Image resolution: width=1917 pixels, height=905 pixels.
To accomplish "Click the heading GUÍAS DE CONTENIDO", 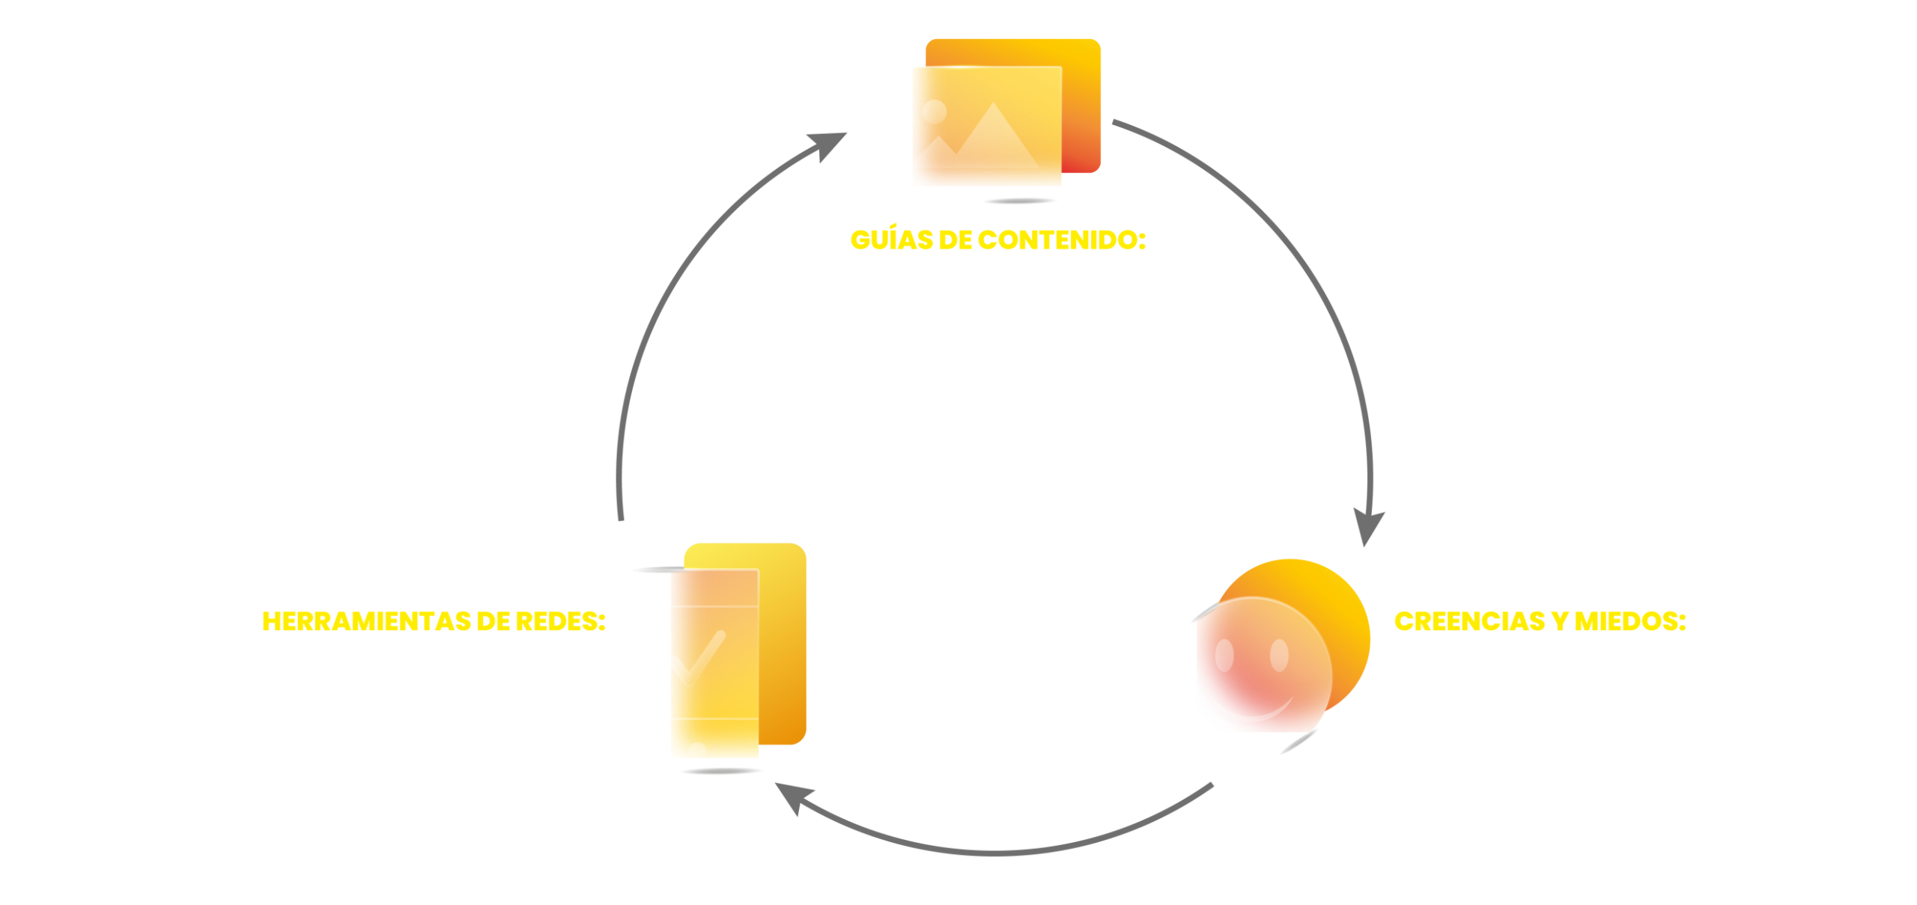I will pyautogui.click(x=997, y=240).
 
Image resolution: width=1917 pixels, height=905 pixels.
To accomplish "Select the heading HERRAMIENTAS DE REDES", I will pyautogui.click(x=434, y=621).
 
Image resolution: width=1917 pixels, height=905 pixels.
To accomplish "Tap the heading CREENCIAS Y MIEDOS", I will pyautogui.click(x=1540, y=621).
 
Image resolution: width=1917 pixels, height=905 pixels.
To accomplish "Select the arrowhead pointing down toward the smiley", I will pyautogui.click(x=1368, y=528).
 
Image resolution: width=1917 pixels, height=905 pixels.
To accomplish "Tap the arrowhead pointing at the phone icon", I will pyautogui.click(x=789, y=796).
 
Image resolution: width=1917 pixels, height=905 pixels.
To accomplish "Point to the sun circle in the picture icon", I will pyautogui.click(x=934, y=112).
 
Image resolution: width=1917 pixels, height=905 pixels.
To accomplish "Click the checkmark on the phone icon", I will pyautogui.click(x=698, y=659).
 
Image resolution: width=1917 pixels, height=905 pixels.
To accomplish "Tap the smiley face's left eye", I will pyautogui.click(x=1224, y=656).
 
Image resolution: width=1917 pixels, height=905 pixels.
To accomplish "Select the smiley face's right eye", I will pyautogui.click(x=1279, y=655).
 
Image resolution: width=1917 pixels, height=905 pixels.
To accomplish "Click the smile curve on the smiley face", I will pyautogui.click(x=1251, y=711).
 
